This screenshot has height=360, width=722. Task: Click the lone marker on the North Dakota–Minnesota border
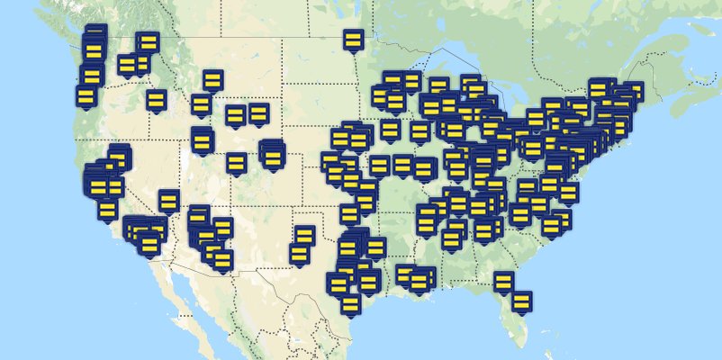coord(353,40)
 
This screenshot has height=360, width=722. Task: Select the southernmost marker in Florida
coord(521,301)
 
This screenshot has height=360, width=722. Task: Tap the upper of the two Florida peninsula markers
coord(503,282)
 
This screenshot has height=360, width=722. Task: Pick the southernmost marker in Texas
coord(350,305)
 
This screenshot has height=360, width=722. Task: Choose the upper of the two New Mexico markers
coord(304,236)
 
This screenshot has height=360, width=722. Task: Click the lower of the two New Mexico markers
coord(299,255)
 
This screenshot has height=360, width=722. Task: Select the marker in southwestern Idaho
coord(156,100)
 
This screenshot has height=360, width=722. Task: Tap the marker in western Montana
coord(212,80)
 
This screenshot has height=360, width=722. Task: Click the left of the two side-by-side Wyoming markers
coord(235,115)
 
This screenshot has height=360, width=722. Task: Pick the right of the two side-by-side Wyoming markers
coord(258,113)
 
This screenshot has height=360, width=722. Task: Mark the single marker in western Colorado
coord(236,163)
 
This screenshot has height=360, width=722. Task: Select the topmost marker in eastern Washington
coord(148,42)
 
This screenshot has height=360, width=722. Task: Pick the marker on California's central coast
coord(107,211)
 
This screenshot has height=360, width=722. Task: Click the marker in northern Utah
coord(201,140)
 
